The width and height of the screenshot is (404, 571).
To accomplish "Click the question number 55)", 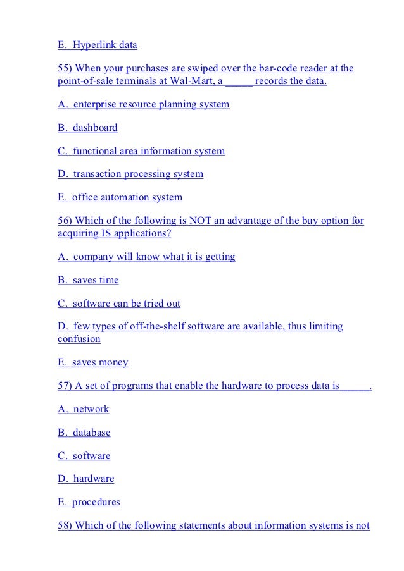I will coord(66,68).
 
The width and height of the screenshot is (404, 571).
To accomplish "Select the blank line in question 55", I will coord(239,82).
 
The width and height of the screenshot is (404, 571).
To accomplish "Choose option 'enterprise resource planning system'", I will coord(151,104).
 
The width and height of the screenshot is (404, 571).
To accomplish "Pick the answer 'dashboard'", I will coord(95,128).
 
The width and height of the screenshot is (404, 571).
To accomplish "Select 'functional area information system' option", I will coord(148,151).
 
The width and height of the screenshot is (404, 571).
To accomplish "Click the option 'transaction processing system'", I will coord(137,174).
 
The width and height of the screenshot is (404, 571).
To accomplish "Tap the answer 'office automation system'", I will coord(127,197).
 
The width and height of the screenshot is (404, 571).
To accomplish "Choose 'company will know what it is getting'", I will coord(154,257).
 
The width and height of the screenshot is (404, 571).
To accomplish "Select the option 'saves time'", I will coord(95,280).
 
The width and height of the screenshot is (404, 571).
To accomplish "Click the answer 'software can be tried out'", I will coord(126,304).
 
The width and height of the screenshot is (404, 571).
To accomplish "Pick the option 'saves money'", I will coord(99,362).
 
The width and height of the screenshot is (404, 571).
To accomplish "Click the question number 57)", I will coord(66,386).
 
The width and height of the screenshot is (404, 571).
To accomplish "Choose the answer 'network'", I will coord(91,409).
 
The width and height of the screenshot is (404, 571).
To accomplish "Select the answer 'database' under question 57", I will coord(92,433).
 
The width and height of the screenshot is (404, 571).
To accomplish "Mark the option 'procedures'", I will coord(96,502).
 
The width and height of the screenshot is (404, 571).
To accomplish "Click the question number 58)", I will coord(66,525).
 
